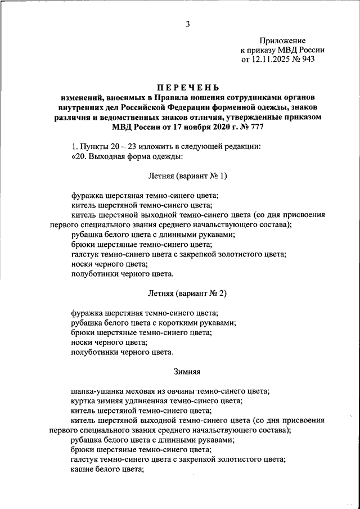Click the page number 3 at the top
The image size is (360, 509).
click(x=188, y=23)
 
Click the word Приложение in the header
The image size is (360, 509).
click(x=282, y=40)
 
